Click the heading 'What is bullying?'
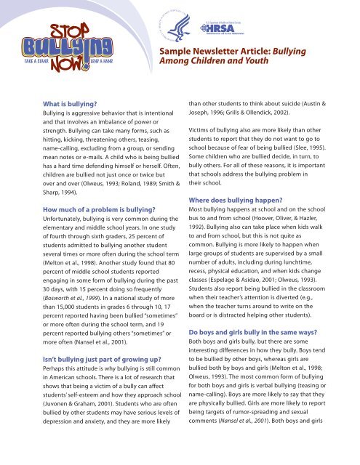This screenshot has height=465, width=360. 55,104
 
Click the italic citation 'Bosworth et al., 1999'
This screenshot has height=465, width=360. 60,296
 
